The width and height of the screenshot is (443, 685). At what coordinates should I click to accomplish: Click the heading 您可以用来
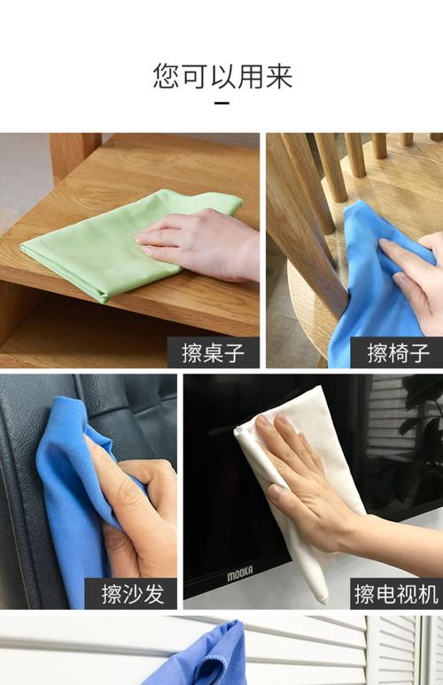click(x=222, y=76)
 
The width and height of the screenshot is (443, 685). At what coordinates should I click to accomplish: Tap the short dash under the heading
click(x=222, y=104)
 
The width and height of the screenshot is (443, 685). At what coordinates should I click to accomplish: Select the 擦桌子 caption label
click(x=214, y=352)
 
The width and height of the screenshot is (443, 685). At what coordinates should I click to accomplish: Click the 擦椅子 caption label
click(x=397, y=352)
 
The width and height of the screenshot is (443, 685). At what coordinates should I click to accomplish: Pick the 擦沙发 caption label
click(x=131, y=594)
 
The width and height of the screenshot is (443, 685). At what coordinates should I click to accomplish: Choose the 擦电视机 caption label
click(x=397, y=594)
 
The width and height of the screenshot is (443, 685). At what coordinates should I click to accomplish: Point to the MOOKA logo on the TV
click(x=239, y=573)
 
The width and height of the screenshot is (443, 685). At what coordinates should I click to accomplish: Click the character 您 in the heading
click(x=167, y=76)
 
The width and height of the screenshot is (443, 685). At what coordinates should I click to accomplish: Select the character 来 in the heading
click(x=279, y=76)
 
